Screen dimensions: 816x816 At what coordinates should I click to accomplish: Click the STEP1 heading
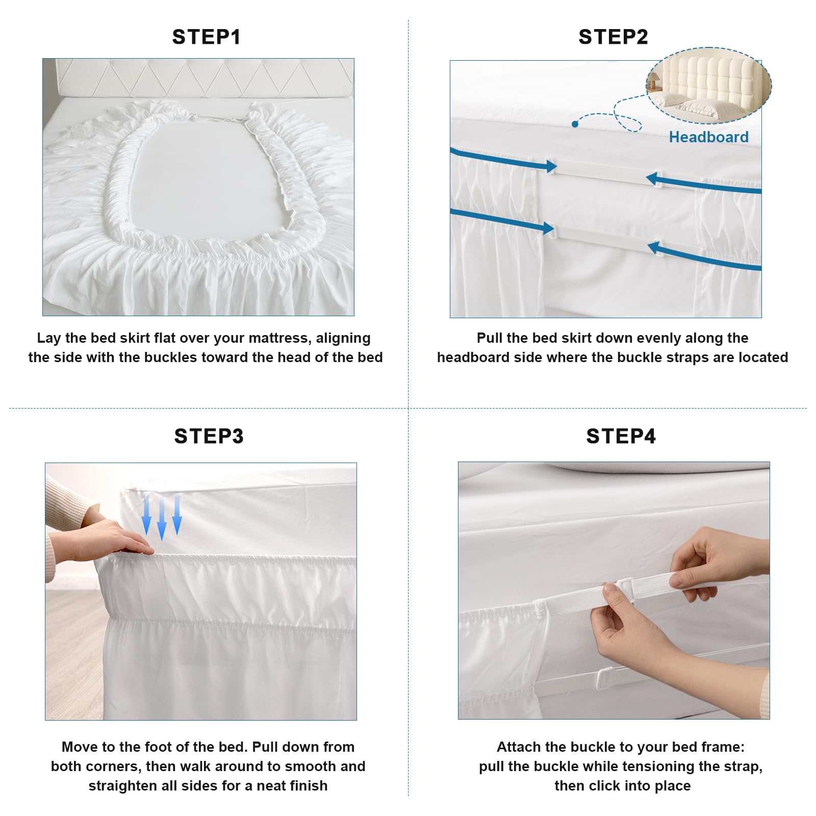click(x=206, y=37)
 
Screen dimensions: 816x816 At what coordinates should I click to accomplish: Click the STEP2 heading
click(x=613, y=37)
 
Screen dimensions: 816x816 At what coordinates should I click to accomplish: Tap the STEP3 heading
click(x=209, y=436)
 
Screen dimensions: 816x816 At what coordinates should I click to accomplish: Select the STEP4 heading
click(x=621, y=436)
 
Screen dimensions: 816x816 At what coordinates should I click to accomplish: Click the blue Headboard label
click(x=709, y=137)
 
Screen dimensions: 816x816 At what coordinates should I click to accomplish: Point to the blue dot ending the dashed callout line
click(x=575, y=124)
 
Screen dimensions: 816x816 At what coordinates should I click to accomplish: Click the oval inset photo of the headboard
click(x=709, y=86)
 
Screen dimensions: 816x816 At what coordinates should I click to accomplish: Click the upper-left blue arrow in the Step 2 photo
click(x=503, y=159)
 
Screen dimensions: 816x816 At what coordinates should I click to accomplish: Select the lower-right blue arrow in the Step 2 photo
click(x=704, y=256)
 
